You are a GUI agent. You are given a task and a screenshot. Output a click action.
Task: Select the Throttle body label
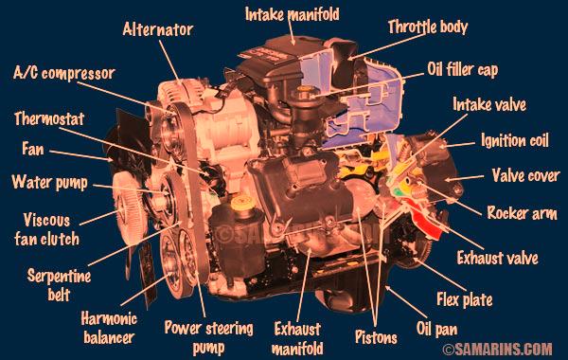coord(429,28)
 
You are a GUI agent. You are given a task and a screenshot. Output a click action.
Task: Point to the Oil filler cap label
coord(475,70)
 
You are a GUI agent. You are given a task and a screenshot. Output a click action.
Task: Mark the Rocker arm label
coord(521,213)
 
